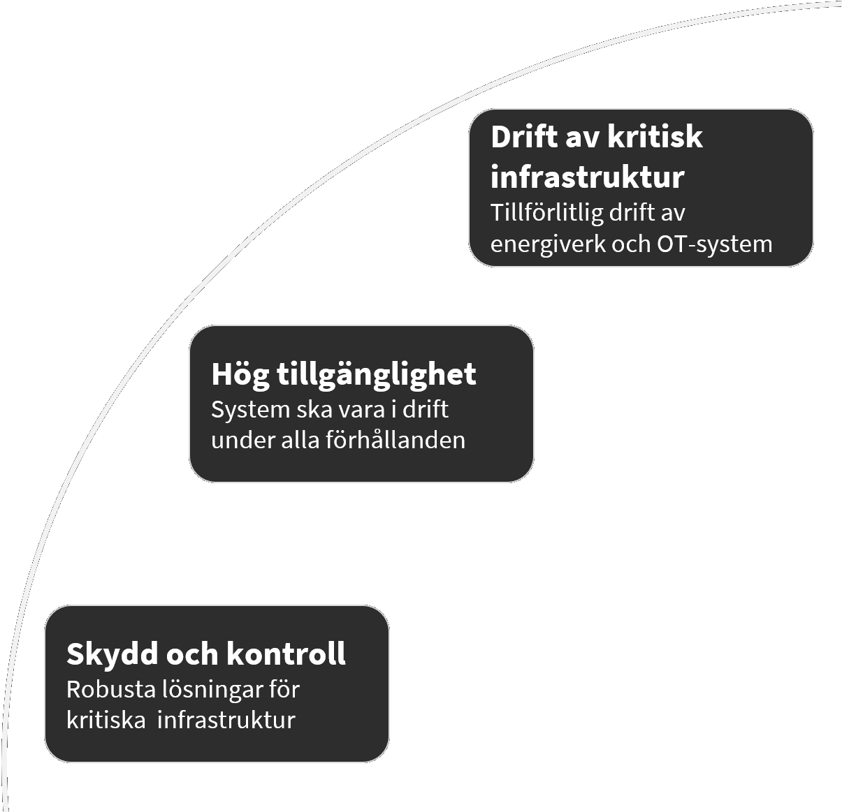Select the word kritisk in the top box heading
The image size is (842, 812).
[655, 137]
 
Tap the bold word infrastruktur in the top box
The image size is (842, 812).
[587, 177]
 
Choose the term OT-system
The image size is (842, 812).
[715, 244]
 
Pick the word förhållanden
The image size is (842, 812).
[395, 440]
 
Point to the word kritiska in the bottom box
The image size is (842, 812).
[106, 720]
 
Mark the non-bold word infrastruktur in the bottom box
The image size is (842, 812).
[226, 720]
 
